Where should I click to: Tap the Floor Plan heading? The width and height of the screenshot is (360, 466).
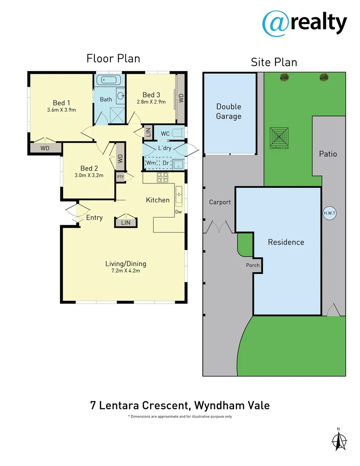(x=113, y=58)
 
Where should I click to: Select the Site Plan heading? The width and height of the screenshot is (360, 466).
(x=274, y=62)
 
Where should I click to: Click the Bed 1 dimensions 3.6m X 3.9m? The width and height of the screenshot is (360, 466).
(x=61, y=110)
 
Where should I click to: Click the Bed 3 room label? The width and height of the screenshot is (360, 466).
(x=151, y=95)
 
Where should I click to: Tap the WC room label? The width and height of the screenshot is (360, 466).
(x=165, y=134)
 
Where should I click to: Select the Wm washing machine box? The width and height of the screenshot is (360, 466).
(x=151, y=163)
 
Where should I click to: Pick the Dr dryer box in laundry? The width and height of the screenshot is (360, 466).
(x=166, y=163)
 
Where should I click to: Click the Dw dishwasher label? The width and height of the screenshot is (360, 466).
(x=178, y=212)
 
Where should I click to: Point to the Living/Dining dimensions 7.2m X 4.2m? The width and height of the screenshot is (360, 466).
(x=125, y=271)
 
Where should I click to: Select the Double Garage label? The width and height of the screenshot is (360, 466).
(x=229, y=111)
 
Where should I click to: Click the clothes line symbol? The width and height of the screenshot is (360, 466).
(x=279, y=137)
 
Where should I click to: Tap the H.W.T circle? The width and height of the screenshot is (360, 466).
(x=330, y=213)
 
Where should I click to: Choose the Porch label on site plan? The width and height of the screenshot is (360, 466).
(x=253, y=265)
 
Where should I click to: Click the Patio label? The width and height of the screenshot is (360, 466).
(x=328, y=154)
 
